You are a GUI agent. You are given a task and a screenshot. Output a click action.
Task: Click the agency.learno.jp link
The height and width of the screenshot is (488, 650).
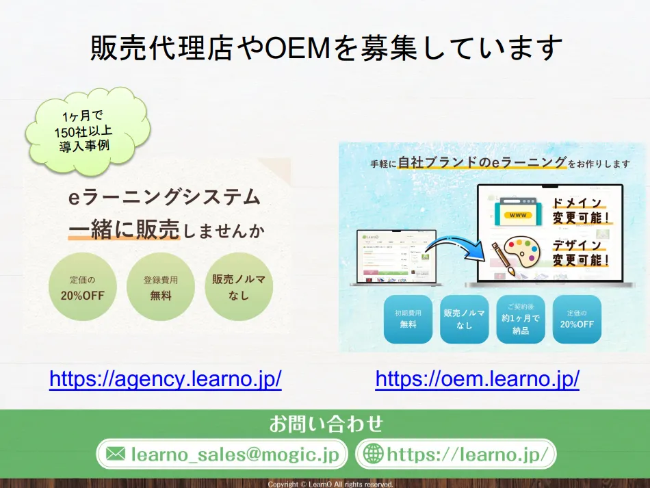click(x=165, y=379)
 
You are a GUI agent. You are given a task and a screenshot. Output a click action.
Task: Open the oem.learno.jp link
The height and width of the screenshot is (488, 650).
click(x=477, y=379)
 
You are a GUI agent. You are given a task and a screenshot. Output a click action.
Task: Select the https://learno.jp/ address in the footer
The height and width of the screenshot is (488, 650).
click(x=467, y=453)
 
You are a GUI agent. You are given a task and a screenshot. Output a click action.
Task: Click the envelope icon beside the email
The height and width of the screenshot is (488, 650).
click(x=116, y=453)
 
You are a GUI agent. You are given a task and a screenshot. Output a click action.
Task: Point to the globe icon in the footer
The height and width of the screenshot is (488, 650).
click(x=373, y=453)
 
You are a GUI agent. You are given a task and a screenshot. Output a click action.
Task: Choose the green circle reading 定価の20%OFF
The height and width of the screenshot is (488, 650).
click(x=82, y=288)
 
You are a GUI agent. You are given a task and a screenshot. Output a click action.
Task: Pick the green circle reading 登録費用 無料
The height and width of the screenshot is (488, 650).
click(x=161, y=288)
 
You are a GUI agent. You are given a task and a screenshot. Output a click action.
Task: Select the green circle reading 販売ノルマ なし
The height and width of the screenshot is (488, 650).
click(x=239, y=288)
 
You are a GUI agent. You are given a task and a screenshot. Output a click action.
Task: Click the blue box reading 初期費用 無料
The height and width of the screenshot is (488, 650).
click(x=408, y=318)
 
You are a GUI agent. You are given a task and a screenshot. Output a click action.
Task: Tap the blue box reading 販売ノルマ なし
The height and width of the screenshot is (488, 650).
click(x=465, y=318)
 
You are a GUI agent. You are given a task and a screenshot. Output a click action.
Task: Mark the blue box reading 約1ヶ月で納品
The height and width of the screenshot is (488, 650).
click(x=521, y=318)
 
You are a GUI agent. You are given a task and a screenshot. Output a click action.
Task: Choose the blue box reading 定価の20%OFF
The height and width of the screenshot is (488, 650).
click(x=577, y=318)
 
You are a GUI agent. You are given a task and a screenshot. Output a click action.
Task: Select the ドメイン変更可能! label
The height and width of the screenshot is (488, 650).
click(x=580, y=211)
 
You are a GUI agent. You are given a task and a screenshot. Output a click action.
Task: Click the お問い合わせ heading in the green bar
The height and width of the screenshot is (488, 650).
click(x=326, y=424)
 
